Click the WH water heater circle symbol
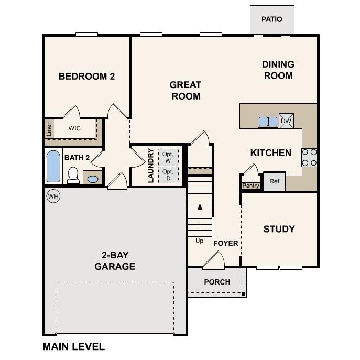(x=53, y=196)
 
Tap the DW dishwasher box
(x=286, y=121)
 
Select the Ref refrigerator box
(x=274, y=181)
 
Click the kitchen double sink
(x=268, y=121)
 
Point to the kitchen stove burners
(x=309, y=157)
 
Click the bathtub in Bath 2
(x=53, y=166)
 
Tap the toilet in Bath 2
(x=73, y=175)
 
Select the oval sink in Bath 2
(x=92, y=179)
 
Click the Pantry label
(x=250, y=186)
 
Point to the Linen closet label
(x=49, y=128)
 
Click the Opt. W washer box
(x=168, y=157)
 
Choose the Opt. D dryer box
(x=168, y=174)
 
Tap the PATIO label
(x=271, y=19)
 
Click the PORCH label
(x=217, y=282)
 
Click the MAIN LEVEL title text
(x=73, y=346)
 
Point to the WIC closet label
(x=74, y=128)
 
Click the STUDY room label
(x=279, y=229)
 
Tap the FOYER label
(x=225, y=243)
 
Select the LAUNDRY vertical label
(x=151, y=165)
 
